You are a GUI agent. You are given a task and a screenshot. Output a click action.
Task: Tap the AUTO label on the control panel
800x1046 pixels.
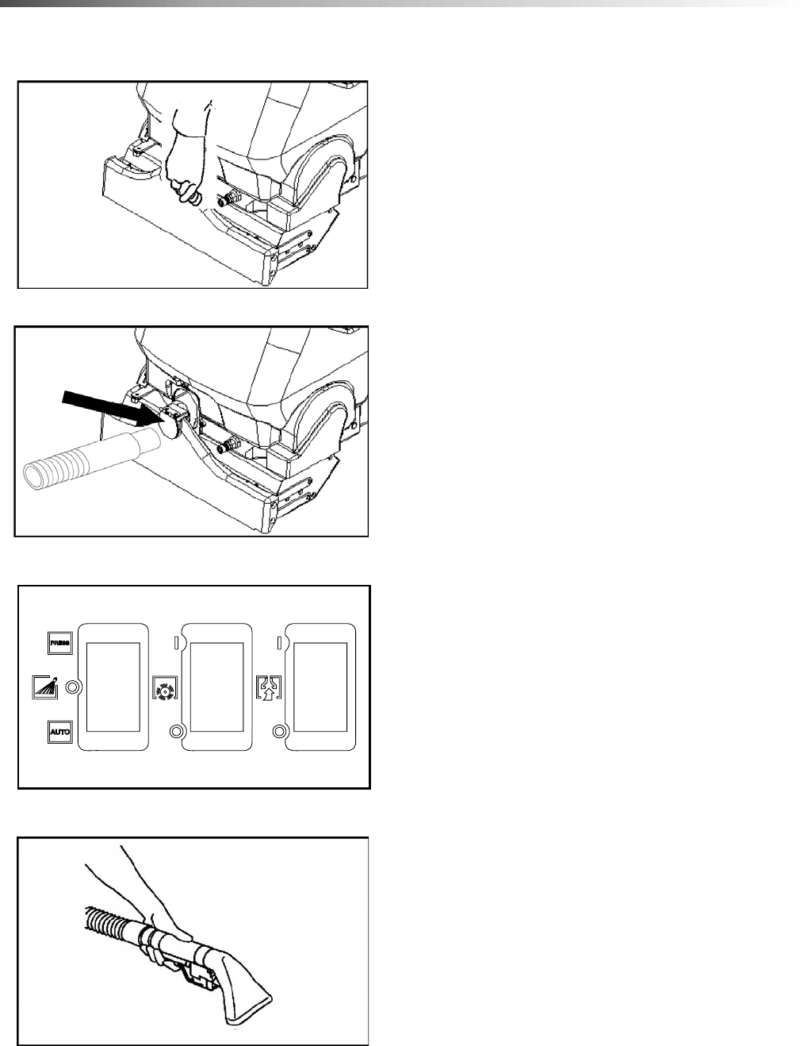[x=59, y=732]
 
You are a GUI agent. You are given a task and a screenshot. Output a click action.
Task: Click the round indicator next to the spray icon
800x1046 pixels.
[x=73, y=687]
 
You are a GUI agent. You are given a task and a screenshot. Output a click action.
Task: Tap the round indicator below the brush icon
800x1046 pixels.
[x=176, y=731]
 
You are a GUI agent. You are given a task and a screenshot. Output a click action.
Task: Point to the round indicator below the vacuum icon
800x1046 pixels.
[x=279, y=731]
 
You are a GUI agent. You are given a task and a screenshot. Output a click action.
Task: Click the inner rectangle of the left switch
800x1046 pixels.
[x=113, y=687]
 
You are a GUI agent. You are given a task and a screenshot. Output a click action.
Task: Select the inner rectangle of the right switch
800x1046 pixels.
[x=320, y=687]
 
